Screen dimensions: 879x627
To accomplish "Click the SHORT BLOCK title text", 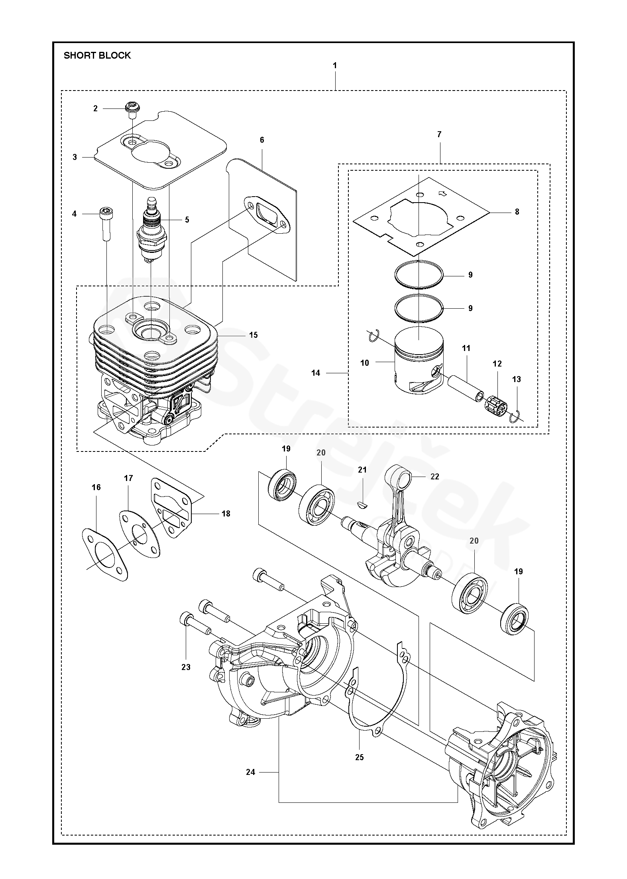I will click(x=97, y=55).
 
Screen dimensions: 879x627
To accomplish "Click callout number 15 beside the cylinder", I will click(x=254, y=335).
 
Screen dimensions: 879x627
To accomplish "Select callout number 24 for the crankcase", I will click(x=250, y=773).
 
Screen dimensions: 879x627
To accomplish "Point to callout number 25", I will click(x=359, y=757).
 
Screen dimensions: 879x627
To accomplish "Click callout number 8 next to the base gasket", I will click(x=517, y=212).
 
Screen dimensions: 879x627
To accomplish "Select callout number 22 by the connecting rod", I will click(x=434, y=477).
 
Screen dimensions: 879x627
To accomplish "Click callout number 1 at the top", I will click(x=335, y=65).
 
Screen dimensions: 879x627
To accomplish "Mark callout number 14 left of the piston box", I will click(x=316, y=373).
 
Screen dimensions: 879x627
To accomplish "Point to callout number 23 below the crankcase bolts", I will click(x=186, y=667).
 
